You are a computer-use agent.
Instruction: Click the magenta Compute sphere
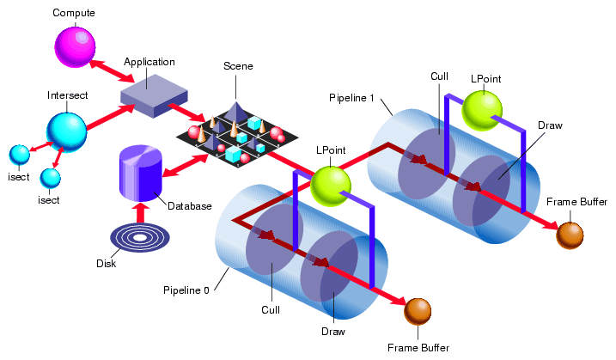point(76,46)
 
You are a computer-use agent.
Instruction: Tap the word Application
point(149,62)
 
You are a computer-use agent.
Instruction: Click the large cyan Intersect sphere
point(67,128)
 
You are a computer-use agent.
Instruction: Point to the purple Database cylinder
point(140,172)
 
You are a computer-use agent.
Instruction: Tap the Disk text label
point(106,264)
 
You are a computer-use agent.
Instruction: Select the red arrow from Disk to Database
point(140,211)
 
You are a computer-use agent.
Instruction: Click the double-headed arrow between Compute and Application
point(109,69)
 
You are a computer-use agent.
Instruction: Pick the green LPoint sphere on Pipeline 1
point(484,109)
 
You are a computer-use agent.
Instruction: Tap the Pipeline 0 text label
point(186,290)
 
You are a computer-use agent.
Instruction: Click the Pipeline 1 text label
point(351,98)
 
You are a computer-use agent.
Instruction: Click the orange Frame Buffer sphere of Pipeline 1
point(570,235)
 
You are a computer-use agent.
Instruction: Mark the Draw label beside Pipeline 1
point(550,125)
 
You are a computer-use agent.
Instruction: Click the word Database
point(189,206)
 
